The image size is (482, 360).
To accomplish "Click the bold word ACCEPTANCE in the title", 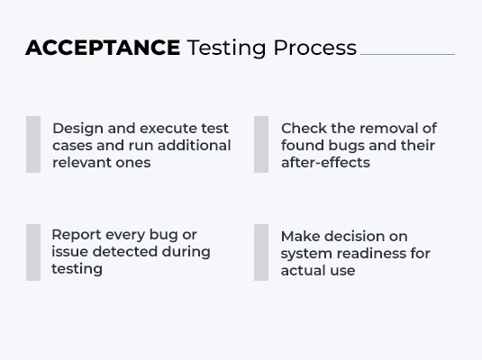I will (103, 48).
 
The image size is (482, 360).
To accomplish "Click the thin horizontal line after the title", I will (407, 54).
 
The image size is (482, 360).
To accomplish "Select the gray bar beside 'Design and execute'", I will (33, 144).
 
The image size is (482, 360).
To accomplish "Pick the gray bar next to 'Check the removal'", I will (261, 144).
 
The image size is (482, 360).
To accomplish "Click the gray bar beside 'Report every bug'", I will (33, 252).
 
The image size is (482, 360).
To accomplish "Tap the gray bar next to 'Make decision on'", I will (261, 252).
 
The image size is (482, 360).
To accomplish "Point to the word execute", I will (171, 129).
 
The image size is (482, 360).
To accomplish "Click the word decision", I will (356, 237).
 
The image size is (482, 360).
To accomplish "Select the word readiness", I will (374, 254).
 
